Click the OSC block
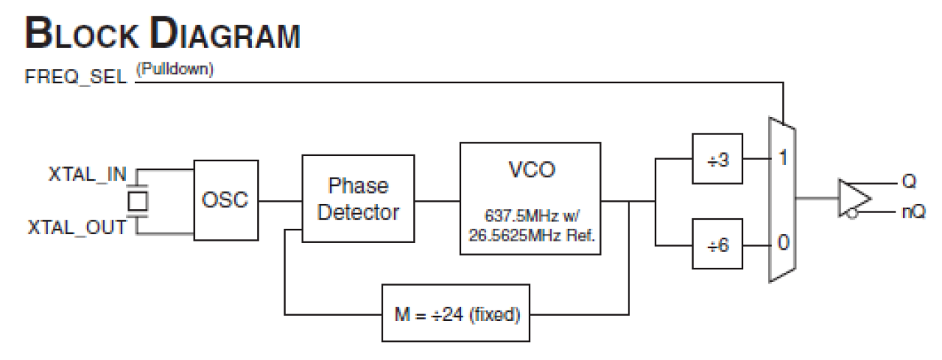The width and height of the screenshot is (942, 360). tap(225, 200)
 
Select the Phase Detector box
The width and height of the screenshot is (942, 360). tap(358, 199)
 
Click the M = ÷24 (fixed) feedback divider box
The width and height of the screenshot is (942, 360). tap(455, 313)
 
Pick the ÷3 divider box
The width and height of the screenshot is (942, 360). tap(718, 160)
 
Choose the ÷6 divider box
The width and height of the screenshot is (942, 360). tap(718, 244)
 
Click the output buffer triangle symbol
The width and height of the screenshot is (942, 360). tap(853, 198)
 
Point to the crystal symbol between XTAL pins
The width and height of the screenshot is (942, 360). tap(136, 200)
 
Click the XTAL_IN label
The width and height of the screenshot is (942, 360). tap(88, 175)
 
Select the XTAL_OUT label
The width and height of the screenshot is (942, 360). tap(78, 227)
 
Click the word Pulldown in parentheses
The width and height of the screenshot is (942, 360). tap(175, 70)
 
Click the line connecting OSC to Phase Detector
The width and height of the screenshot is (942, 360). tap(279, 200)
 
